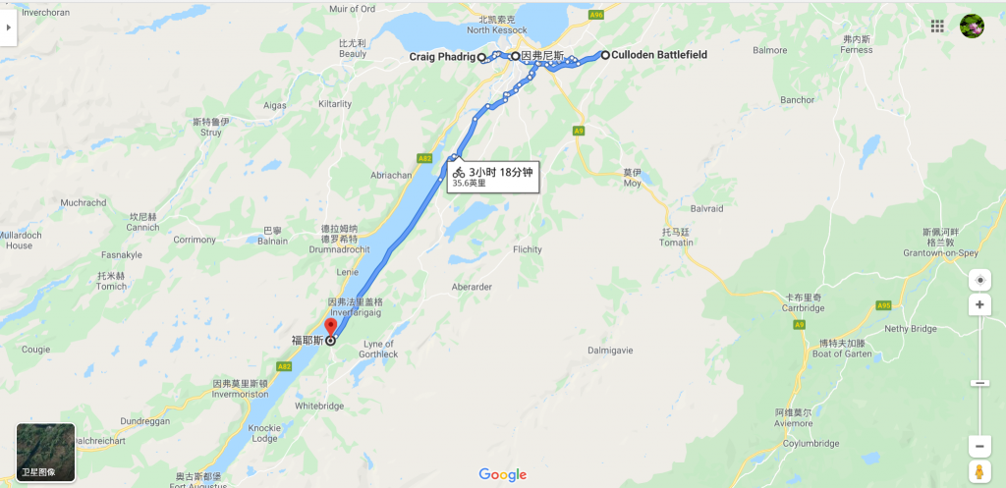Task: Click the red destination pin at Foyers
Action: [x=330, y=327]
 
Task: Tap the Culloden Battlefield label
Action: [x=658, y=55]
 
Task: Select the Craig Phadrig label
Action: [x=441, y=58]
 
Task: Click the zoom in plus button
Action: [x=979, y=305]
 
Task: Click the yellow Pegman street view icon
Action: [x=979, y=470]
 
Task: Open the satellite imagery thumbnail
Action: [x=46, y=452]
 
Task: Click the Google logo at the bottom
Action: [x=503, y=475]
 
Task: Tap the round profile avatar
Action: [x=972, y=27]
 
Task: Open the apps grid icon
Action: [x=938, y=27]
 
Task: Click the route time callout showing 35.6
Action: [x=494, y=176]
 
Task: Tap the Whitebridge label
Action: [x=318, y=406]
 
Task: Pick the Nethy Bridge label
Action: [x=911, y=329]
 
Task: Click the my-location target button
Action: [x=979, y=280]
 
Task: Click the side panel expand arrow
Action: [x=9, y=27]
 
